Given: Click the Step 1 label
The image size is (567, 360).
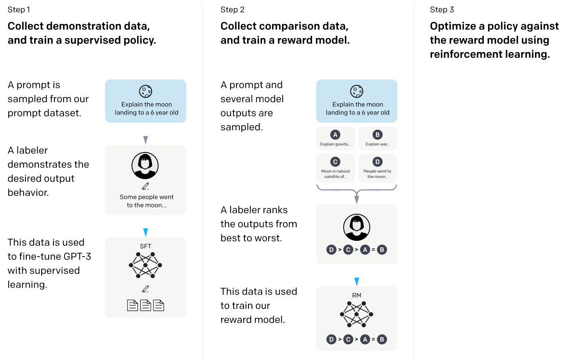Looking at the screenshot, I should tap(19, 10).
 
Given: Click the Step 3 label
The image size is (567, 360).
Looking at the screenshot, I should tap(442, 10).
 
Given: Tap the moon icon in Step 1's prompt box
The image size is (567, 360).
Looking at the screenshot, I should tap(145, 92).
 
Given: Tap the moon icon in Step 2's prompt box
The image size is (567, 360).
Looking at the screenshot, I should tap(357, 92).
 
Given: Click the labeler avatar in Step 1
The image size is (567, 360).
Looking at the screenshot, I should tap(145, 166).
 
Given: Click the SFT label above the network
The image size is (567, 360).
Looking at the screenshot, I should tap(145, 247).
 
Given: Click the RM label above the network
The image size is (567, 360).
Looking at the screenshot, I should tap(357, 296).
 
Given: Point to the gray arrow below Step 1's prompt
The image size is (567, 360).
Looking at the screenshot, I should tap(145, 140).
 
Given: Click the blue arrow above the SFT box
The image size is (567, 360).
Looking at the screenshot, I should tap(145, 232).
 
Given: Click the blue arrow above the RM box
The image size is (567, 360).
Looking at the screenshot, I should tap(357, 281).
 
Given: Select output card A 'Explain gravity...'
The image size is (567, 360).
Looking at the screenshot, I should tap(336, 139).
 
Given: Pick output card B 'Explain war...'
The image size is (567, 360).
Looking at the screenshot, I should tap(378, 139).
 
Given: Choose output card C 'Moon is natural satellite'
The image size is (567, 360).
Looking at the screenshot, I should tap(336, 168).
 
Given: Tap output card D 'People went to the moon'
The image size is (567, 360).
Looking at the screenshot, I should tap(378, 168).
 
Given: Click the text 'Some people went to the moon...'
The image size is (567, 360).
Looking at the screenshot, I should tap(146, 201).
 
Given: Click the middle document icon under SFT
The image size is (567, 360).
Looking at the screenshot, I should tap(145, 305).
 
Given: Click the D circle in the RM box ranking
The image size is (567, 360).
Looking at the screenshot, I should tap(332, 339).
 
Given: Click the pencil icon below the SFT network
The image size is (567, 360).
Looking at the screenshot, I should tap(145, 289).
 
